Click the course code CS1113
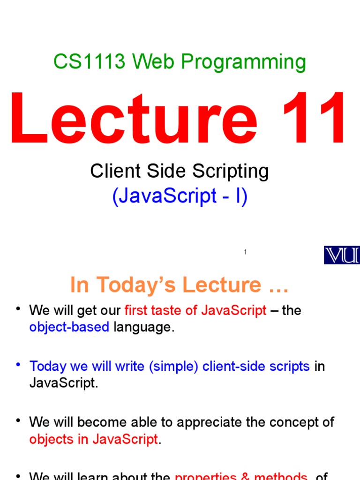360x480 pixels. click(x=89, y=62)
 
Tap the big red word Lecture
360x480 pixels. click(x=134, y=120)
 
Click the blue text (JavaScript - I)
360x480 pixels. click(x=180, y=196)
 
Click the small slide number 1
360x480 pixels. click(x=245, y=253)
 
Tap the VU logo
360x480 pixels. click(x=342, y=255)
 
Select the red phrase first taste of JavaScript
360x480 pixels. click(x=195, y=310)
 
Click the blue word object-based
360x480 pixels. click(x=69, y=327)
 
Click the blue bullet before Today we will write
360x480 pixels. click(x=19, y=364)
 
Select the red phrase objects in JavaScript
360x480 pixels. click(x=93, y=439)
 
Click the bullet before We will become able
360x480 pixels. click(x=19, y=420)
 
